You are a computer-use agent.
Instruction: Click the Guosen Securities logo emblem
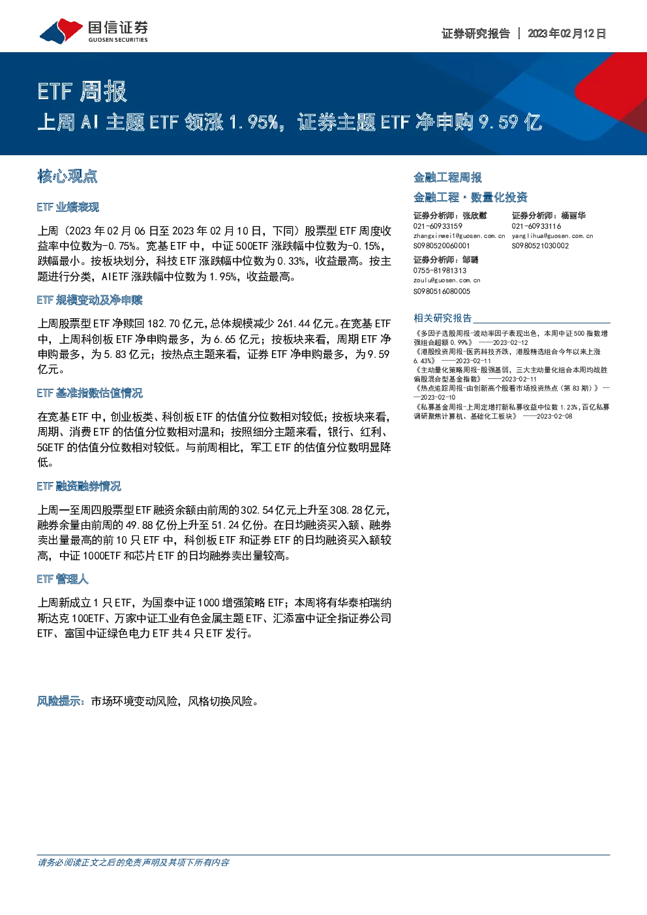pos(61,31)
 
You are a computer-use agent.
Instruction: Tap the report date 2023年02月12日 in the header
pos(567,33)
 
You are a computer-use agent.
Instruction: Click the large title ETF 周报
pos(82,91)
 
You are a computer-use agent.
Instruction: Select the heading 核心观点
pos(67,177)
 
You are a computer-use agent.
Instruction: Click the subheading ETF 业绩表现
pos(68,207)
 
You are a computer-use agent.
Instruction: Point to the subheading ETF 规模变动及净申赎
pos(89,300)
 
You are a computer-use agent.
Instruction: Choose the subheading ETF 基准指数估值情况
pos(89,393)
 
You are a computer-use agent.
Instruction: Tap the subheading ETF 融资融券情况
pos(79,486)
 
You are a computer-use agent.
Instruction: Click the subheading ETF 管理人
pos(63,579)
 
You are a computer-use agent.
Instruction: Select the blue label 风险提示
pos(59,701)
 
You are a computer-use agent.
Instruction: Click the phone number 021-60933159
pos(438,226)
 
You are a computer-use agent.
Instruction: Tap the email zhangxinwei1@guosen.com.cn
pos(459,236)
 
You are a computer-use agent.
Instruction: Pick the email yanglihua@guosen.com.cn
pos(552,236)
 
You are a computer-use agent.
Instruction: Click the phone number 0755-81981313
pos(440,271)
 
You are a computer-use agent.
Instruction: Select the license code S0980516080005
pos(442,292)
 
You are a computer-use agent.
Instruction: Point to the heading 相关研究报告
pos(443,318)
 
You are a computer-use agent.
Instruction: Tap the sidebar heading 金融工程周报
pos(447,177)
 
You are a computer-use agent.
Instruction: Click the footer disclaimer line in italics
pos(133,862)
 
